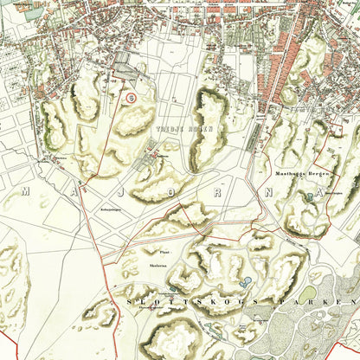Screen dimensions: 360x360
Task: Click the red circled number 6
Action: point(130,98)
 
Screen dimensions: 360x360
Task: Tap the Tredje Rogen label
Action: point(171,126)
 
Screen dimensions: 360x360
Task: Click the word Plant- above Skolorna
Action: point(155,253)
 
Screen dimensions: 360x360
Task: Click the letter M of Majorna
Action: point(26,190)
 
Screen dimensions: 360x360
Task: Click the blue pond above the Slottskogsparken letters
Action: point(247,281)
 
